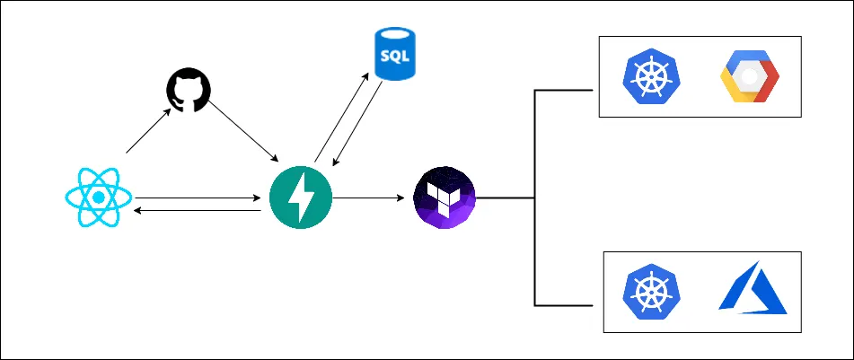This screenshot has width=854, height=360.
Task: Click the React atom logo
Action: pos(99,197)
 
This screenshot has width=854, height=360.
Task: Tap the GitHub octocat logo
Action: pos(188,92)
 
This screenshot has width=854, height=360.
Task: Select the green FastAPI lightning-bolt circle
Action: pos(301,197)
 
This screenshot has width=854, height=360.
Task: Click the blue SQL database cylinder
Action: pos(394,55)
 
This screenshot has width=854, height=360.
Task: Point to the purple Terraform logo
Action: pos(444,197)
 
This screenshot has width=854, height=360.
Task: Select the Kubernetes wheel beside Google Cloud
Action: pos(652,77)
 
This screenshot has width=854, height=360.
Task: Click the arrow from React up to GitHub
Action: pos(149,132)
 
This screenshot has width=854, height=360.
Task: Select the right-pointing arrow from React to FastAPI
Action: pos(198,197)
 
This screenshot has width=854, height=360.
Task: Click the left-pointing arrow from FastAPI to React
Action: pos(198,211)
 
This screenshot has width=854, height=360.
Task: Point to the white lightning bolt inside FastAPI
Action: pos(302,197)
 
